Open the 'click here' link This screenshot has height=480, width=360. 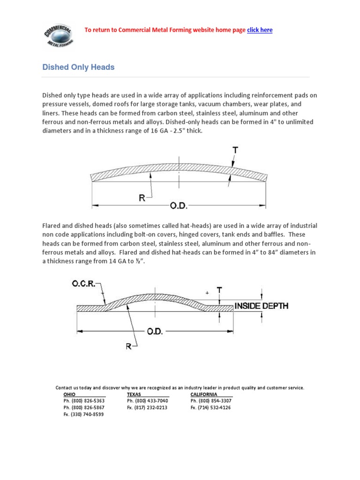click(260, 30)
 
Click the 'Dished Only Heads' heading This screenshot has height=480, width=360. click(78, 67)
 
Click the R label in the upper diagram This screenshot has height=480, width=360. click(141, 198)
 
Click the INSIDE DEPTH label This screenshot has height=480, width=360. click(262, 306)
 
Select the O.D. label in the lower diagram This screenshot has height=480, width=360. click(155, 331)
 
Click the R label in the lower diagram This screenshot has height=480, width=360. click(129, 346)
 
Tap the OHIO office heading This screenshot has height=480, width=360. click(69, 394)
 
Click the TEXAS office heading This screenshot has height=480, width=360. click(134, 394)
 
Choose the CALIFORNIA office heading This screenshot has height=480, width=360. click(204, 394)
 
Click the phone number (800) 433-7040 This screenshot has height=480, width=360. click(147, 401)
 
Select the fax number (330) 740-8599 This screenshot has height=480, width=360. click(84, 414)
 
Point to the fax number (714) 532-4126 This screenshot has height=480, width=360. click(210, 407)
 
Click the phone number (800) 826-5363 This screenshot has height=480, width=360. click(84, 401)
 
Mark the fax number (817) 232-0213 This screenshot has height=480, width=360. click(147, 407)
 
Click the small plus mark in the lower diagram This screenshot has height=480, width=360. click(207, 292)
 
